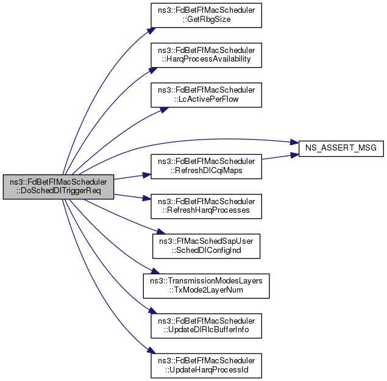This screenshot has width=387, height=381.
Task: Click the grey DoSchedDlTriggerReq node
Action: click(59, 187)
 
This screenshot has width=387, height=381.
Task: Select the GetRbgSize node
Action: click(206, 15)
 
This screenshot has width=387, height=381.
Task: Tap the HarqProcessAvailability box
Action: click(206, 55)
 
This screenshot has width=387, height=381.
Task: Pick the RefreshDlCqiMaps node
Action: click(206, 166)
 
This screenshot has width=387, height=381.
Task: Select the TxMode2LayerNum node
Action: click(206, 285)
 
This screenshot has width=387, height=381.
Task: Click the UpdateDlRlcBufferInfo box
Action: click(206, 326)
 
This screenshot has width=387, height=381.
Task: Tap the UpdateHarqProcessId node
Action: click(206, 365)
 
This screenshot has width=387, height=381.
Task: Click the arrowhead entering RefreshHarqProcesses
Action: click(147, 199)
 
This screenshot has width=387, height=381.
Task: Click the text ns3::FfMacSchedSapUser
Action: click(206, 241)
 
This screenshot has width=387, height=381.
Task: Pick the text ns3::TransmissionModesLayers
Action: click(206, 281)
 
